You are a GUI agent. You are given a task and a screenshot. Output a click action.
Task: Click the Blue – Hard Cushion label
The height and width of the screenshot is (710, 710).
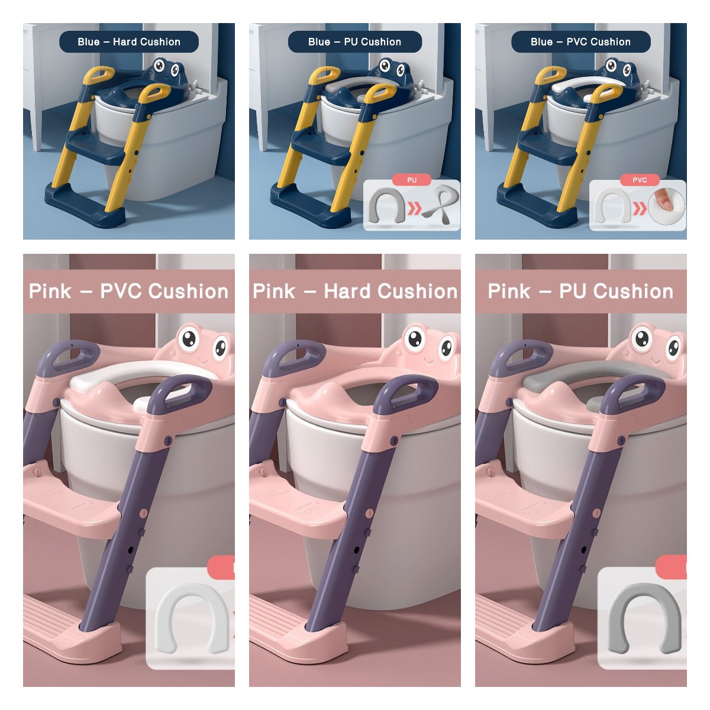[129, 42]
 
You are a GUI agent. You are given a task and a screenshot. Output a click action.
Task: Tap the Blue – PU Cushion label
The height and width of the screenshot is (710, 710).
[354, 42]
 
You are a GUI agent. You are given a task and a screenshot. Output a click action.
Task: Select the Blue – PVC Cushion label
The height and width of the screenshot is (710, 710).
[580, 42]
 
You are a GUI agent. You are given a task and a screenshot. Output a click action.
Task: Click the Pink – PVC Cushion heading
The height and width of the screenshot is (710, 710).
[129, 291]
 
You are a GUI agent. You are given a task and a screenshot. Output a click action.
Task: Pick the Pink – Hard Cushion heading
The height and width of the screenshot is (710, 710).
[355, 291]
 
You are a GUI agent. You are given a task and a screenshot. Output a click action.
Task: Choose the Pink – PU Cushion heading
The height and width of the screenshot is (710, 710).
[580, 291]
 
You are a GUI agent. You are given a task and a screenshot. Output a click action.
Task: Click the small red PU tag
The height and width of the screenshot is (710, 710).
[412, 180]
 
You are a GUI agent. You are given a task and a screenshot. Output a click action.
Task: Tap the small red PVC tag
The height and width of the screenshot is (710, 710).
[640, 180]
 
